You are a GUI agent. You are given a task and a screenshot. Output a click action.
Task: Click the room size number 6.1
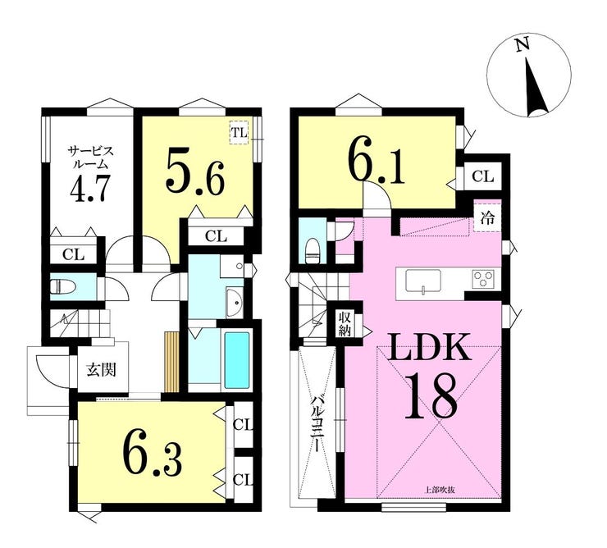pyautogui.click(x=376, y=163)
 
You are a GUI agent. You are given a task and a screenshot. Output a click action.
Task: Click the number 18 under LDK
pyautogui.click(x=431, y=395)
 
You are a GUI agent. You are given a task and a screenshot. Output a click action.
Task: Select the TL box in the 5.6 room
pyautogui.click(x=239, y=133)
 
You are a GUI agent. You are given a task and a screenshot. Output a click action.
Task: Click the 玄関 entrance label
pyautogui.click(x=101, y=371)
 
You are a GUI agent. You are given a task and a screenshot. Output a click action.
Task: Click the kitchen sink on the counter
pyautogui.click(x=422, y=280)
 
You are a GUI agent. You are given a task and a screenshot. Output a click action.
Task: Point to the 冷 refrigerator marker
pyautogui.click(x=487, y=218)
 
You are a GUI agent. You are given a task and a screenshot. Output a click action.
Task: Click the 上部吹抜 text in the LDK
pyautogui.click(x=440, y=490)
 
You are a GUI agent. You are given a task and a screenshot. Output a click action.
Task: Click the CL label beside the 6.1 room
pyautogui.click(x=483, y=177)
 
